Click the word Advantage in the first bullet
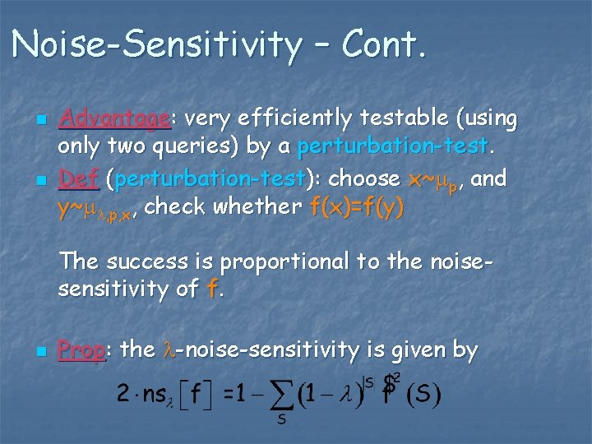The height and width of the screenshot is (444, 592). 114,120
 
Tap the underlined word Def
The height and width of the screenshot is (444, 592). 78,178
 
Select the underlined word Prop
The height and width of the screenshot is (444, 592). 81,350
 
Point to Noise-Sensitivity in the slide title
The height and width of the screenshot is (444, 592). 156,44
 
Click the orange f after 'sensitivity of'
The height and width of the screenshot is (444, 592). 213,289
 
